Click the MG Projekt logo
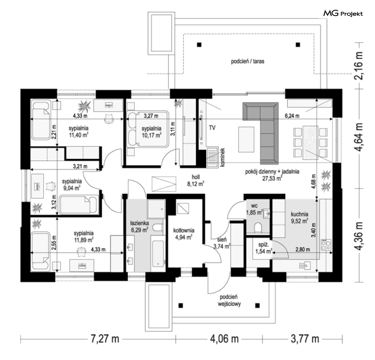coord(343,14)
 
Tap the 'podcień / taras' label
coord(248,61)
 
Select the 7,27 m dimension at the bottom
coord(105,339)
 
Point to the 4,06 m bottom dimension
coord(224,339)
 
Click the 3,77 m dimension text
coord(305,339)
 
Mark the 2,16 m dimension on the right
coord(359,65)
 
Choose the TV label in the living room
coord(212,128)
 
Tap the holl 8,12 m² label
coord(196,180)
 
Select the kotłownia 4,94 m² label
coord(184,234)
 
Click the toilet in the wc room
coord(258,228)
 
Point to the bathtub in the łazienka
coord(158,254)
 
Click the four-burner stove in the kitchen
coord(326,245)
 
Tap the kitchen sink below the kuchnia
coord(305,266)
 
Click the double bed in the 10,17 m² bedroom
coord(148,129)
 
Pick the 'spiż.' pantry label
coord(263,245)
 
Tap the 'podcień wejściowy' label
coord(229,301)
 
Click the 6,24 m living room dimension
coord(292,116)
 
